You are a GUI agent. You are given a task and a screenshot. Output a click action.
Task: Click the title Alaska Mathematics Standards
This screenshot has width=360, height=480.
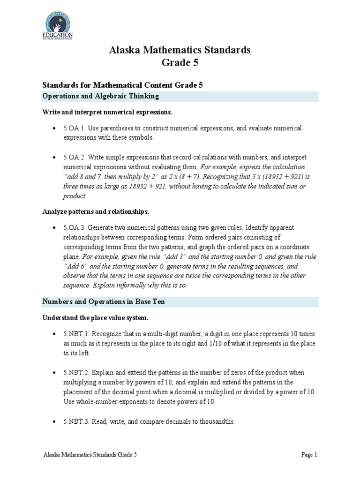coord(180,50)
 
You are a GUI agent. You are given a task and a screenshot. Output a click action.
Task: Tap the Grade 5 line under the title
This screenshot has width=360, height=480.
coord(180,62)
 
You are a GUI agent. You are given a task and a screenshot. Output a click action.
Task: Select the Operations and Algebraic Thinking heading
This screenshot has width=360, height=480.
coord(101,96)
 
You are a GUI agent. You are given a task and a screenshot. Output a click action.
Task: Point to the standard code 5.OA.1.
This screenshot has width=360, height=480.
coord(75,128)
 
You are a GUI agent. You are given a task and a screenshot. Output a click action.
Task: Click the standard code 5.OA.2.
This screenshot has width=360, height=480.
coord(75,157)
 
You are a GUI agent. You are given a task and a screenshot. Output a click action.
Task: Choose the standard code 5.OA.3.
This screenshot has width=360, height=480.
coord(75,227)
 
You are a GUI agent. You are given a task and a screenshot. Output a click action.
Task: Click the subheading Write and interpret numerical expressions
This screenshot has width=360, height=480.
coord(107,112)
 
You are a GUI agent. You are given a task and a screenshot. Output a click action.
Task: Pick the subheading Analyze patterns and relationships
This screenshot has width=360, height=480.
coord(96,211)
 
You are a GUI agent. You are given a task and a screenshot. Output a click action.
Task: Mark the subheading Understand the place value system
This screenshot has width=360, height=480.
coord(95,318)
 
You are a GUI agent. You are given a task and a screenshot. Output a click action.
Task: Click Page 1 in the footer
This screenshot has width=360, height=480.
coord(309,455)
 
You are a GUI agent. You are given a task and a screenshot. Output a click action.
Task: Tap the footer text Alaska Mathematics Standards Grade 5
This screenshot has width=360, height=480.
coord(90,455)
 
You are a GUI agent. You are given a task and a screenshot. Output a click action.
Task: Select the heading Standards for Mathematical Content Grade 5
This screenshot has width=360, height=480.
coord(122,85)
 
